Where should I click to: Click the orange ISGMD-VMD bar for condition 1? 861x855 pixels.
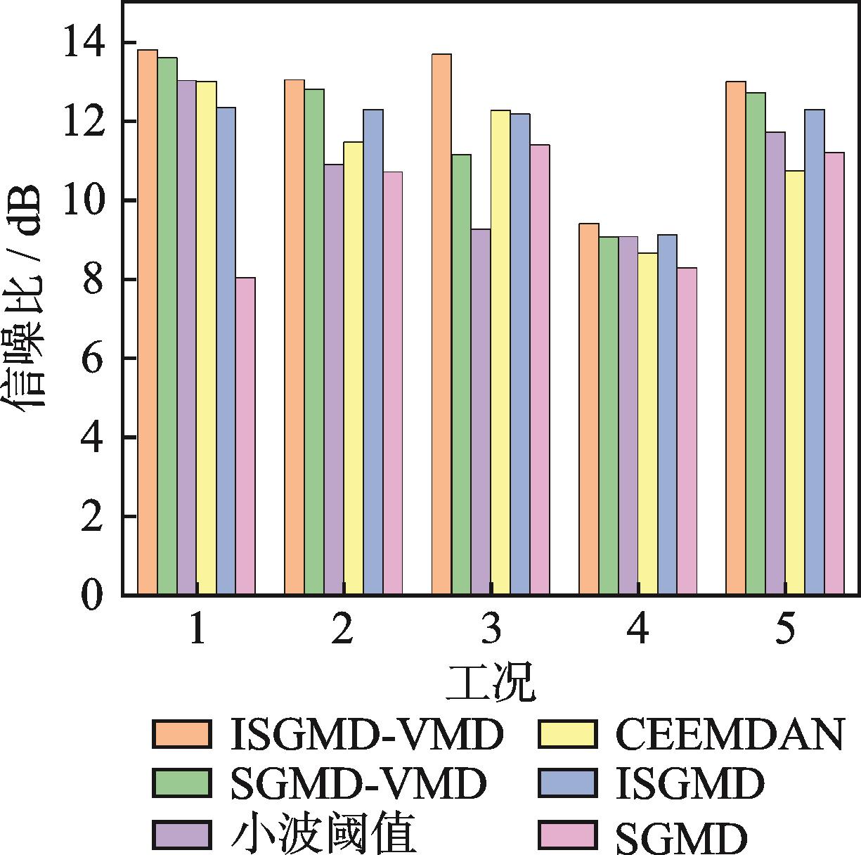[x=148, y=322]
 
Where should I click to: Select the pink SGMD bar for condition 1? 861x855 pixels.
[x=245, y=436]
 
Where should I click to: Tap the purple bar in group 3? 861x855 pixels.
[x=481, y=411]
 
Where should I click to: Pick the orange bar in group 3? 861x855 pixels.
[x=441, y=324]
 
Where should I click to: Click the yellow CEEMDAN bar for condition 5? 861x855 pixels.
[x=794, y=382]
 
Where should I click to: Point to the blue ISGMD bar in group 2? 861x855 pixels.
[x=373, y=352]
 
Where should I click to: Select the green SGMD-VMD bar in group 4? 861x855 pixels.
[x=609, y=416]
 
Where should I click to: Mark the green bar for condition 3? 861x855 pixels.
[x=461, y=374]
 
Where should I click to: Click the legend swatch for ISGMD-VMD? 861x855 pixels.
[x=181, y=734]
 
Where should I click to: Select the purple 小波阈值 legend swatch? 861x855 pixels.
[x=181, y=835]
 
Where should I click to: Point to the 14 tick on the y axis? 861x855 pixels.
[x=85, y=44]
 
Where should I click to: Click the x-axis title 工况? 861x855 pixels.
[x=491, y=681]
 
